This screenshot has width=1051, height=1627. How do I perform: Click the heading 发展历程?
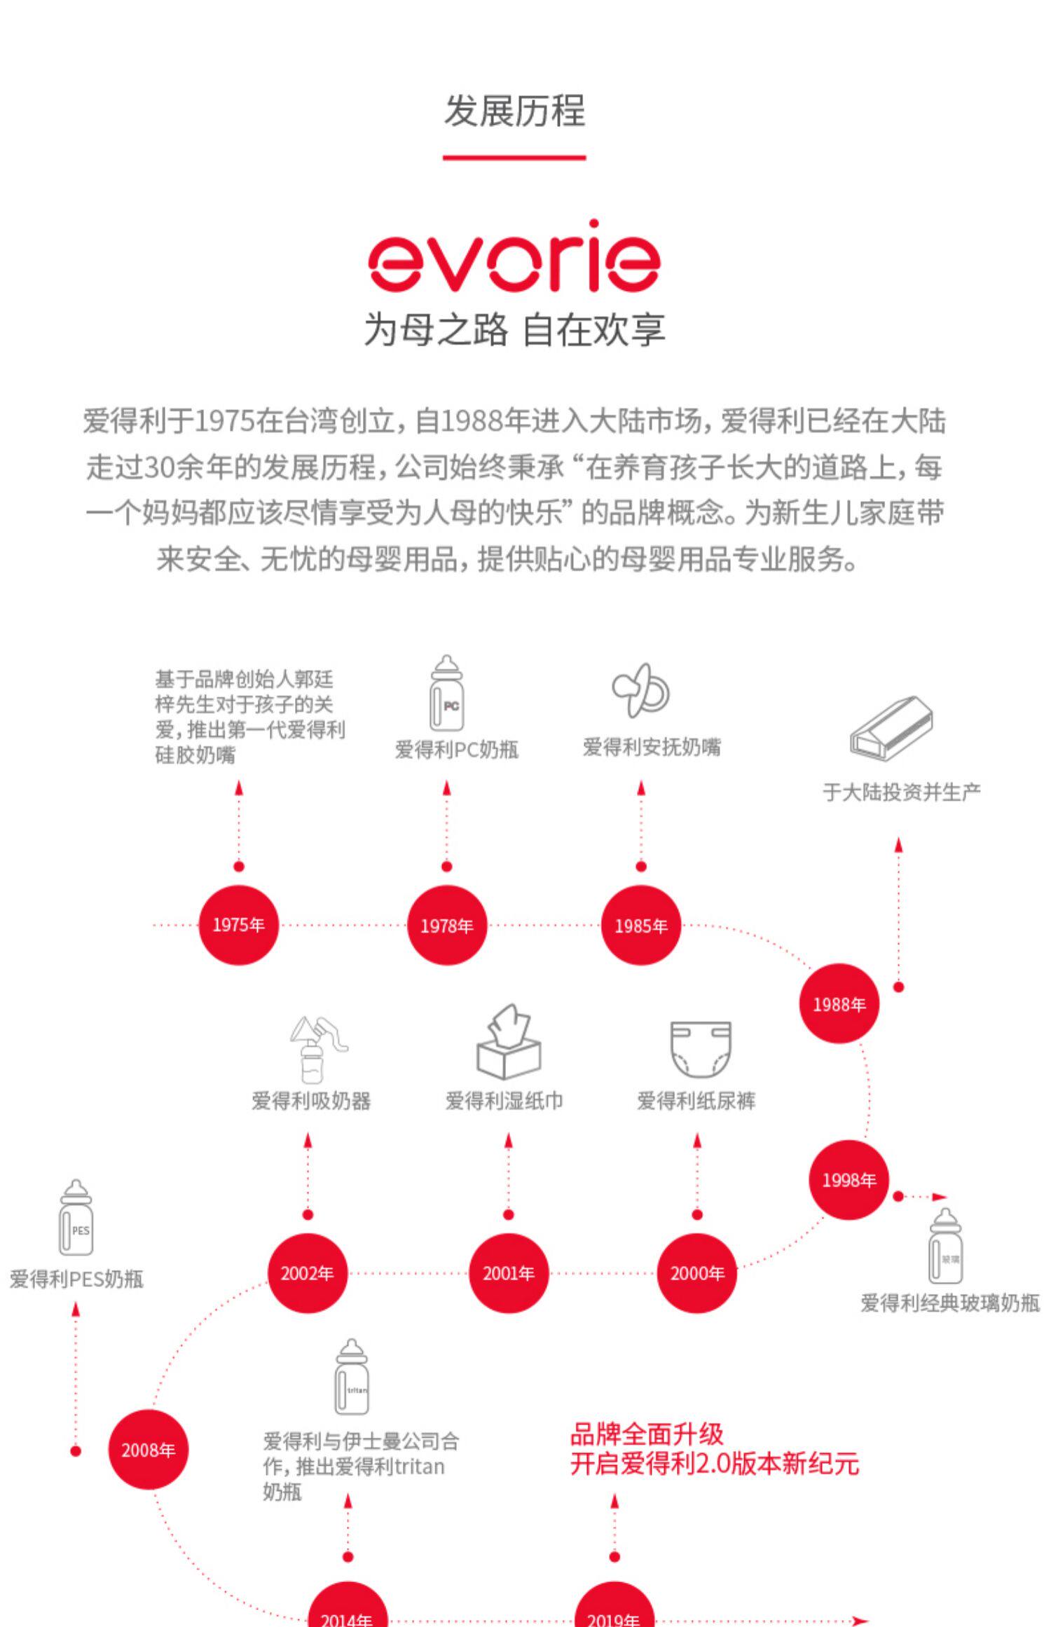tap(514, 111)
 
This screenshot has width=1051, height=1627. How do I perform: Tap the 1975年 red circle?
tap(238, 925)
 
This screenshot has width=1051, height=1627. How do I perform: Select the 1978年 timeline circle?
tap(446, 926)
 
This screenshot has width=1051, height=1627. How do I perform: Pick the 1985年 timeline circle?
tap(640, 926)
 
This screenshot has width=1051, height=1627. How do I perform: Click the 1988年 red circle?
tap(839, 1004)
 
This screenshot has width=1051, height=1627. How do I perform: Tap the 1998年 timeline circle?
tap(849, 1180)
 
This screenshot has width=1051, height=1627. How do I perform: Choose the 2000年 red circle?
tap(696, 1273)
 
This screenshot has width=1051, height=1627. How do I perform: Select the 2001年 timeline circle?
tap(508, 1273)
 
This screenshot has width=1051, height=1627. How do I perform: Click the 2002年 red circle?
tap(307, 1273)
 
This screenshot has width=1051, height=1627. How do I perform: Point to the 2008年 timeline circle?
tap(148, 1450)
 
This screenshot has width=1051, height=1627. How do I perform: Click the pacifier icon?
tap(640, 691)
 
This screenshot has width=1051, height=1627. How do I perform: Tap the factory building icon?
tap(891, 729)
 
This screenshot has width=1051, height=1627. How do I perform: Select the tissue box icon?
tap(509, 1042)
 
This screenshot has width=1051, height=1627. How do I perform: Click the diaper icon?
tap(700, 1048)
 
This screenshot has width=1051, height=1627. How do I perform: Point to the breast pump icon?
tap(316, 1049)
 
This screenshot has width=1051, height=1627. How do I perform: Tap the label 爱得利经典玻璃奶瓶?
tap(949, 1303)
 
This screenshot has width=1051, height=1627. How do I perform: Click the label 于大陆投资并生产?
tap(901, 792)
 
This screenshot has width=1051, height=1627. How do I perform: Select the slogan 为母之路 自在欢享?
tap(514, 329)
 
